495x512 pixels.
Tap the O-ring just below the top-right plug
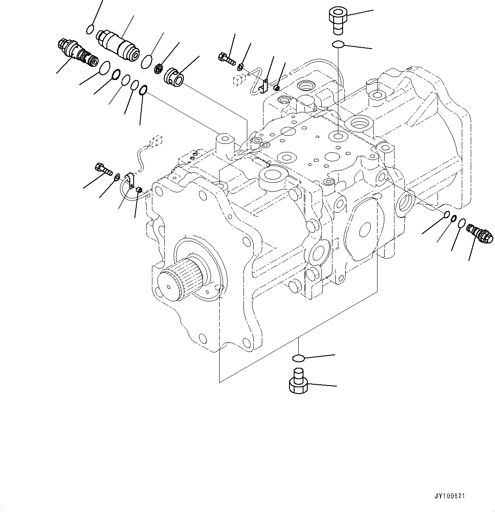[x=338, y=44]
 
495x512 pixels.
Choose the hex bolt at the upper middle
[x=226, y=58]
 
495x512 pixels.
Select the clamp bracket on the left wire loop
[x=130, y=180]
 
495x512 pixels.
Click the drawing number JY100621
[x=449, y=496]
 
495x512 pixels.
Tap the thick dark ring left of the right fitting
[x=454, y=219]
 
